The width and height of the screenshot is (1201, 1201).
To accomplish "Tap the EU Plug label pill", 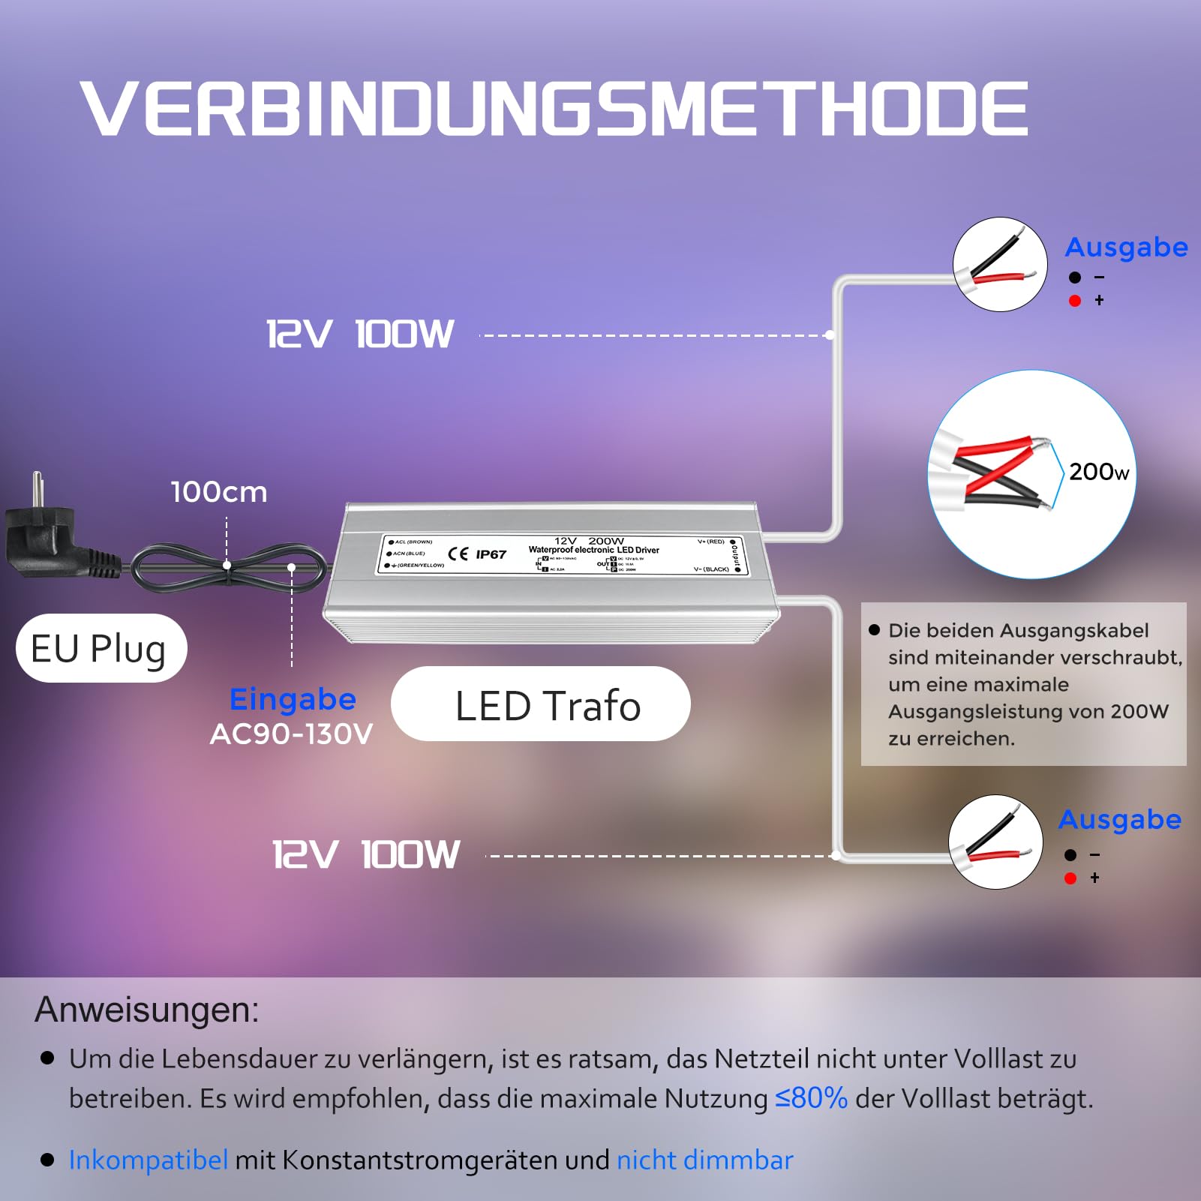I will click(101, 648).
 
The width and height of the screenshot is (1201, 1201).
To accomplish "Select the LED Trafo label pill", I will click(541, 705).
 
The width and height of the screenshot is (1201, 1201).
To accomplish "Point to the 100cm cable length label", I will click(219, 492).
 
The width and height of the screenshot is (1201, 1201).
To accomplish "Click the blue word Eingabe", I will click(293, 699).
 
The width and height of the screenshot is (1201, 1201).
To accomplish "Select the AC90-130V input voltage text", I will click(291, 734).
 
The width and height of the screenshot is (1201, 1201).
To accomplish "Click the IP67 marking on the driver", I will click(491, 554).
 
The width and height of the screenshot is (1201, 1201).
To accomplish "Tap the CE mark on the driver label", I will click(458, 554).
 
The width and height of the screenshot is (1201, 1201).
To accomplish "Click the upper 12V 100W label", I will click(361, 334).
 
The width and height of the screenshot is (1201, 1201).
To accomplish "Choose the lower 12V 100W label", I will click(366, 854).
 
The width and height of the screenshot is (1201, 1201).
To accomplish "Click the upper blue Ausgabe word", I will click(1126, 247).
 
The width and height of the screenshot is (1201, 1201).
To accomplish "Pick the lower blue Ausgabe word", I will click(1120, 819).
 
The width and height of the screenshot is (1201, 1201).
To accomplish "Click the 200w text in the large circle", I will click(1098, 472).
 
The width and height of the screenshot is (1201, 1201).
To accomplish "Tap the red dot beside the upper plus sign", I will click(1075, 301).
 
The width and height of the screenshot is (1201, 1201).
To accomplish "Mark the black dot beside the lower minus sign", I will click(1070, 855).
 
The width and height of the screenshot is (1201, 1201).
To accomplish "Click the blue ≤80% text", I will click(811, 1098).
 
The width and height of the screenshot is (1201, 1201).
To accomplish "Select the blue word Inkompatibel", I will click(149, 1160).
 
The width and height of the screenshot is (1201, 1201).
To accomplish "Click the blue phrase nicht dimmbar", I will click(704, 1160).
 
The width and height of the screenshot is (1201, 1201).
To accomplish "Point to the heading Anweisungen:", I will click(147, 1010).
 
